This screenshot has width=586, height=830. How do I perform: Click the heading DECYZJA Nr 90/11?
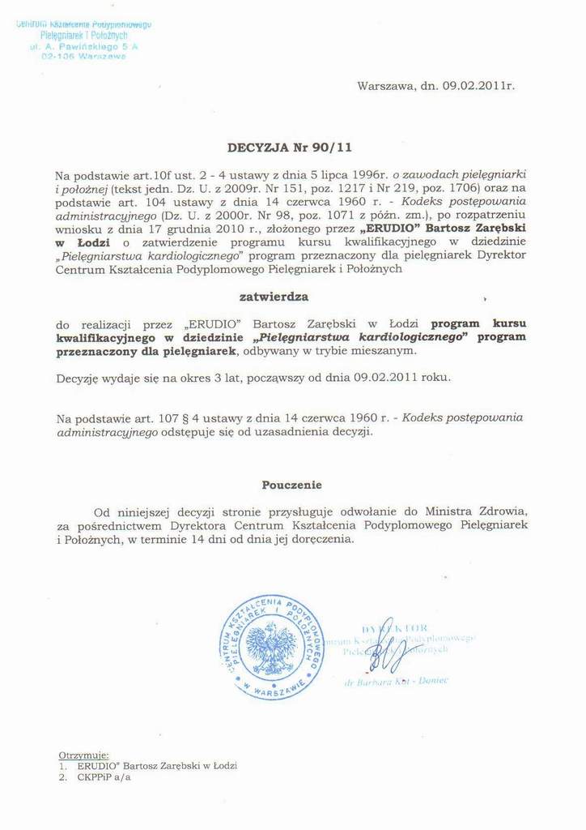click(x=289, y=148)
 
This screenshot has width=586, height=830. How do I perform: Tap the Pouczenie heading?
click(x=291, y=485)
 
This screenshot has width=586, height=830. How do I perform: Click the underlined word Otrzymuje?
click(x=83, y=754)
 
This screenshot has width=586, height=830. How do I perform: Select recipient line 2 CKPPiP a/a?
click(x=94, y=777)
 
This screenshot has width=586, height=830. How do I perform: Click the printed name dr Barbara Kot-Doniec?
click(x=397, y=682)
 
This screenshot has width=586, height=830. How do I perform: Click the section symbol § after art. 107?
click(x=151, y=417)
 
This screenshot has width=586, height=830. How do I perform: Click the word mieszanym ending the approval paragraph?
click(x=389, y=350)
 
